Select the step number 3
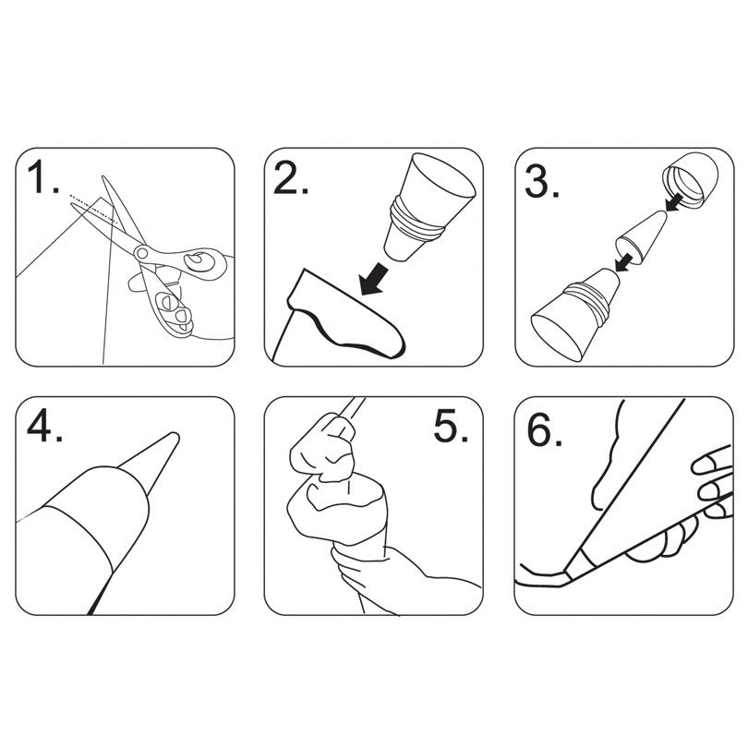pos(539,181)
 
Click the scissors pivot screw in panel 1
pos(142,250)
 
